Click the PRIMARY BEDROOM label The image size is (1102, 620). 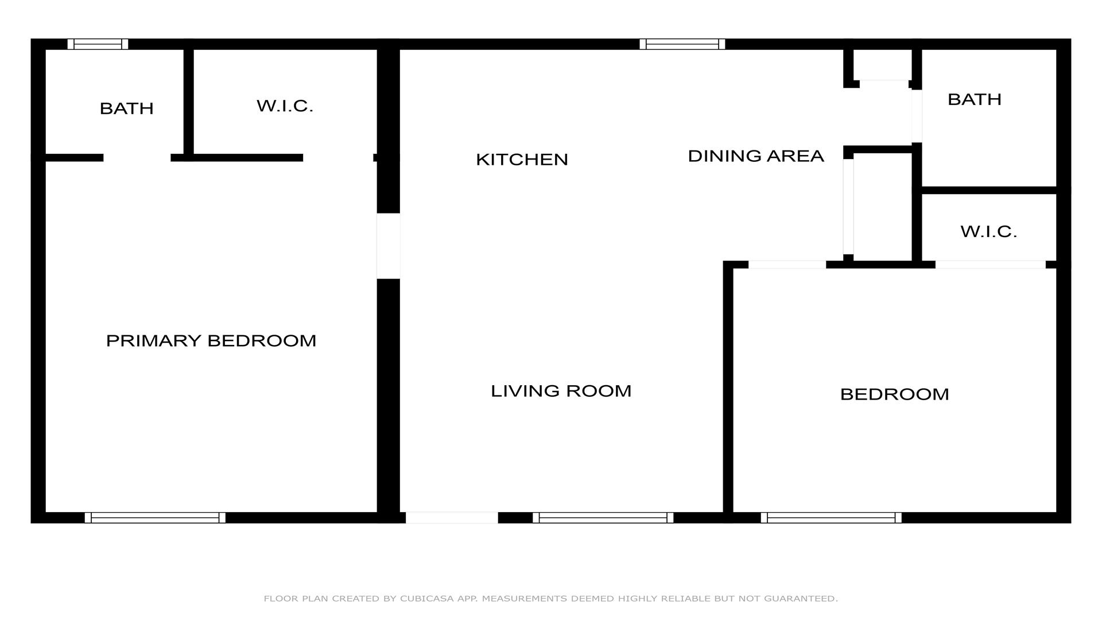[211, 340]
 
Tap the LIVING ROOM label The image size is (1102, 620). [561, 391]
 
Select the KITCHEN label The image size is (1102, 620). [522, 159]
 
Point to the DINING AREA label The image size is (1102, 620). [755, 156]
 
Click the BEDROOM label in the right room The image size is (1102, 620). [894, 394]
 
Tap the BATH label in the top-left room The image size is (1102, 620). [126, 108]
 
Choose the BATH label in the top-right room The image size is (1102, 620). [974, 99]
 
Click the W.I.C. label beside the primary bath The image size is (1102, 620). [285, 106]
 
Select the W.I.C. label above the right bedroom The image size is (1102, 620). [988, 231]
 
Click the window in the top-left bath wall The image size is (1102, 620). [98, 44]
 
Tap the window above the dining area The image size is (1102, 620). [682, 44]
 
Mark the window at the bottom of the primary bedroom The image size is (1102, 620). [155, 518]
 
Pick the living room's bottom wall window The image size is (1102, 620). [603, 518]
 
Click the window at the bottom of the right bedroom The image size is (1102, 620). [831, 518]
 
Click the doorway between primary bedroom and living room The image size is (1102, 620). [389, 246]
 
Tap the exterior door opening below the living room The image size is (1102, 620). [452, 518]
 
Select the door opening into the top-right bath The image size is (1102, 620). [917, 116]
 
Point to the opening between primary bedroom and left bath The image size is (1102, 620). [137, 158]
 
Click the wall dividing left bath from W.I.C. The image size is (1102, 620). [188, 102]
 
